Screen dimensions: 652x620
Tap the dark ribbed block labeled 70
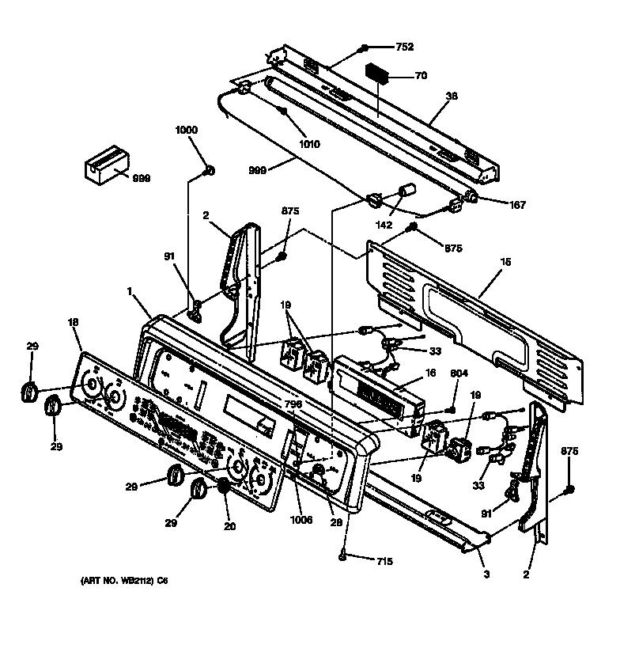click(377, 74)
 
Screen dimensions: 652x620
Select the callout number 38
click(452, 98)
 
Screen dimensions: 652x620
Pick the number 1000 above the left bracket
click(187, 130)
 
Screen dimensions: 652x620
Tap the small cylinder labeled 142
click(407, 191)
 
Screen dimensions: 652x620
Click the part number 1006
click(301, 520)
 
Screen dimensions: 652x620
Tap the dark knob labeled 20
click(225, 487)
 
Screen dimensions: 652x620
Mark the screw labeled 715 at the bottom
click(342, 557)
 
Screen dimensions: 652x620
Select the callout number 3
click(486, 573)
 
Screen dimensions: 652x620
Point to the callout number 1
click(129, 292)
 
